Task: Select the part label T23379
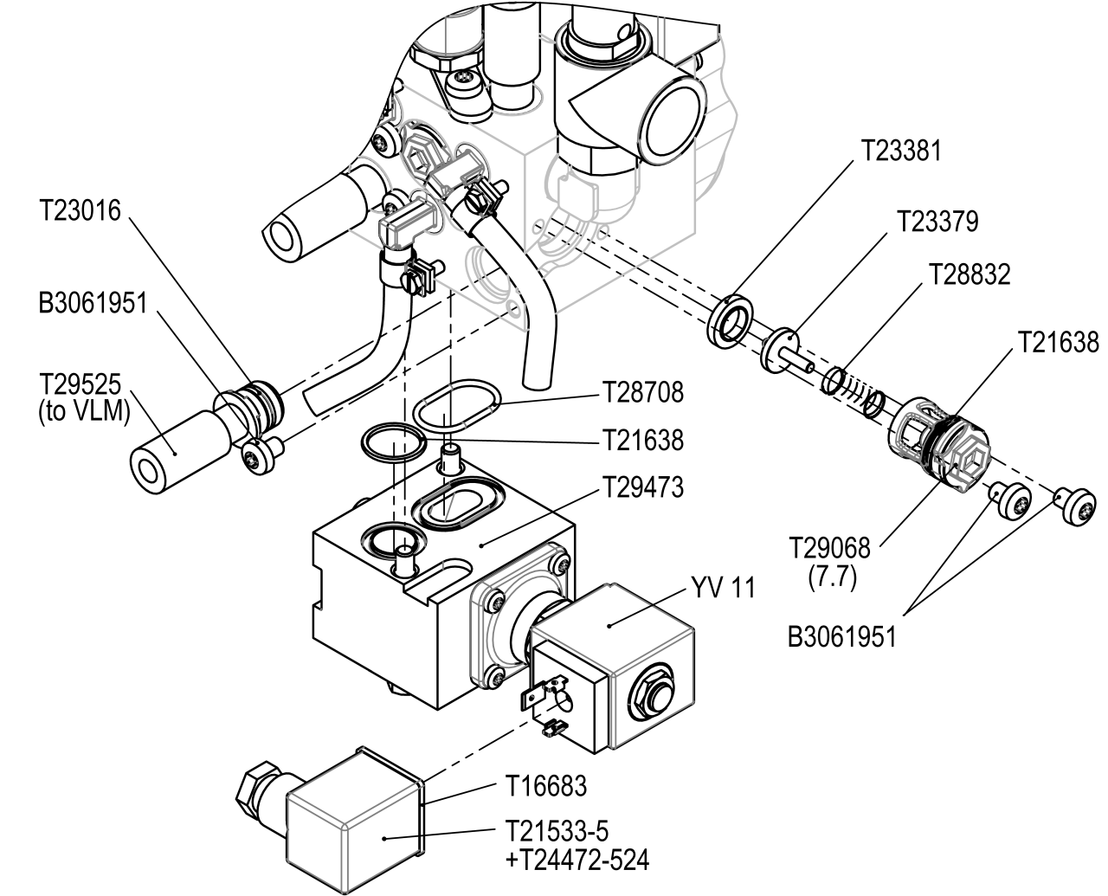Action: point(938,222)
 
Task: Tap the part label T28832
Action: point(969,274)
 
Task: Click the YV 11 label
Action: point(723,588)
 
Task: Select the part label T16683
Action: point(546,786)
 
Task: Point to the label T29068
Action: point(833,547)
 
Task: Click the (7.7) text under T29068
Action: point(833,577)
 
